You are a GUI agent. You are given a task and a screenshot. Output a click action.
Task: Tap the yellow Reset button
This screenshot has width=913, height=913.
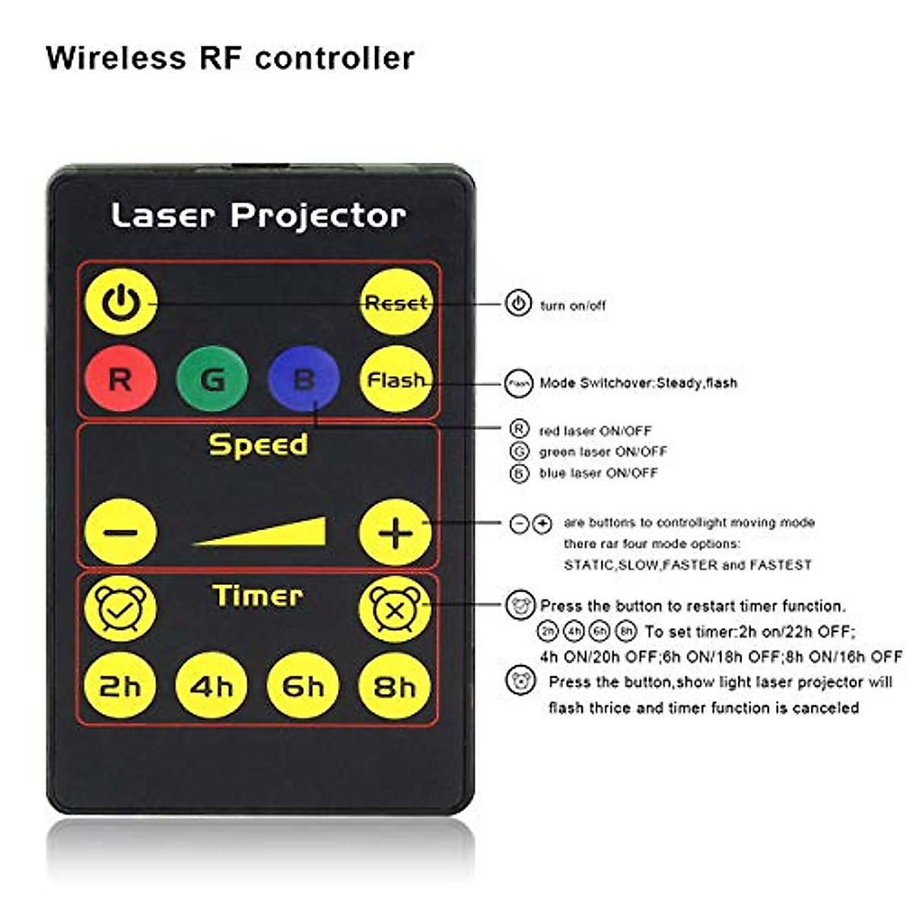pos(396,303)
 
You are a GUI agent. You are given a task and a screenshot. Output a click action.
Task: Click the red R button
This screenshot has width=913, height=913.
pos(121,379)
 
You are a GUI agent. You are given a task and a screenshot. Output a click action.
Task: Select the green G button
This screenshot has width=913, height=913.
pos(212,379)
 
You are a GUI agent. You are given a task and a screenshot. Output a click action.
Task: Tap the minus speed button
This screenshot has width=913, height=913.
pos(121,533)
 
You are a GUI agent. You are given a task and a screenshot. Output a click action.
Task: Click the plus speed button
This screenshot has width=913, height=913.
pos(396,533)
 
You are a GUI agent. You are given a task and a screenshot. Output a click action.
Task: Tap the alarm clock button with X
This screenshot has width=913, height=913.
pos(395,609)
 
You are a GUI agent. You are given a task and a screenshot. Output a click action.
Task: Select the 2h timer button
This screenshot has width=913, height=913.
pos(121,686)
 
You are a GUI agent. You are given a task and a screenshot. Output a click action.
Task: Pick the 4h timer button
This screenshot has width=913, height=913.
pos(212,686)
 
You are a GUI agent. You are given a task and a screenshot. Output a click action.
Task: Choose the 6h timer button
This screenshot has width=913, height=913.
pos(303,686)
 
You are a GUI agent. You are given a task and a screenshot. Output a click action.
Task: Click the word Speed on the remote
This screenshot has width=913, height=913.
pos(259,444)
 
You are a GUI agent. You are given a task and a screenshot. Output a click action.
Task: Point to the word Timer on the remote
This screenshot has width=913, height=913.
pos(258,596)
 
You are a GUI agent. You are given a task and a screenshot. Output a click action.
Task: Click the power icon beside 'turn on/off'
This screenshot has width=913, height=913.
pos(518,304)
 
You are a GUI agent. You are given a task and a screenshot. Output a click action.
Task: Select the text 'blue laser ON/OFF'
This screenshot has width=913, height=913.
pos(598,473)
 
